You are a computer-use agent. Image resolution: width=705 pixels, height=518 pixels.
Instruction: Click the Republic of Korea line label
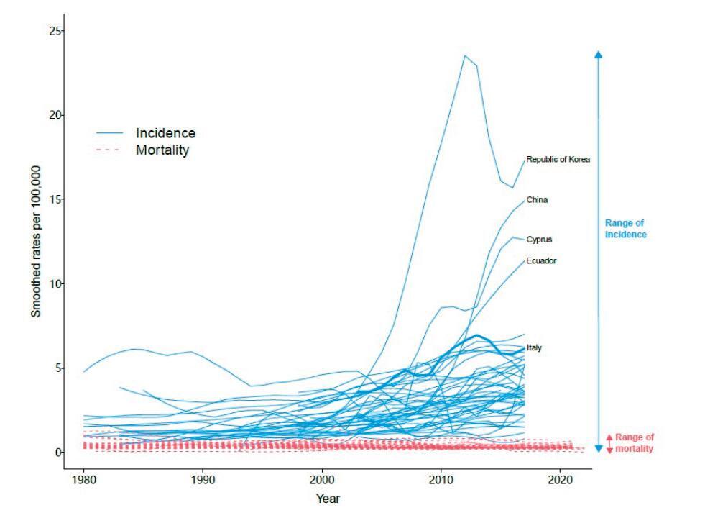pyautogui.click(x=558, y=160)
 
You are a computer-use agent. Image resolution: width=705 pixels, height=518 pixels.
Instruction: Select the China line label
pyautogui.click(x=537, y=200)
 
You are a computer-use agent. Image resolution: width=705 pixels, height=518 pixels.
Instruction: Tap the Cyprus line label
pyautogui.click(x=540, y=240)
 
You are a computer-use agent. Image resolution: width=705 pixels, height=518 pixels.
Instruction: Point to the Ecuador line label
pyautogui.click(x=541, y=260)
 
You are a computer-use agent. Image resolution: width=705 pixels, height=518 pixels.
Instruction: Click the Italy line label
pyautogui.click(x=534, y=347)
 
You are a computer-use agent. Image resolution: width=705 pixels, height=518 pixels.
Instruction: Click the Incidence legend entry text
pyautogui.click(x=165, y=133)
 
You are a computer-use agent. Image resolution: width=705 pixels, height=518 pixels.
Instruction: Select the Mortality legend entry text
pyautogui.click(x=162, y=150)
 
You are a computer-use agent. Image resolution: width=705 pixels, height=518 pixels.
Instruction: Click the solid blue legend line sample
pyautogui.click(x=111, y=133)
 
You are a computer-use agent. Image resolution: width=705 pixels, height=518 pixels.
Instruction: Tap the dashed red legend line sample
pyautogui.click(x=111, y=150)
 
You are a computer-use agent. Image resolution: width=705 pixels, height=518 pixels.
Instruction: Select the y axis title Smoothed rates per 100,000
pyautogui.click(x=35, y=241)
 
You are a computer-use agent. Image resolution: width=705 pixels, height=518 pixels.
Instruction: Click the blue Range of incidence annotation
pyautogui.click(x=625, y=229)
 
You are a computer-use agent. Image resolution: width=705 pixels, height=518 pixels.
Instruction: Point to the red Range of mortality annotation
pyautogui.click(x=635, y=442)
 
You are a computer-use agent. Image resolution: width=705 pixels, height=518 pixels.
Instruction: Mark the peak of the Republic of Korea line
pyautogui.click(x=465, y=55)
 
